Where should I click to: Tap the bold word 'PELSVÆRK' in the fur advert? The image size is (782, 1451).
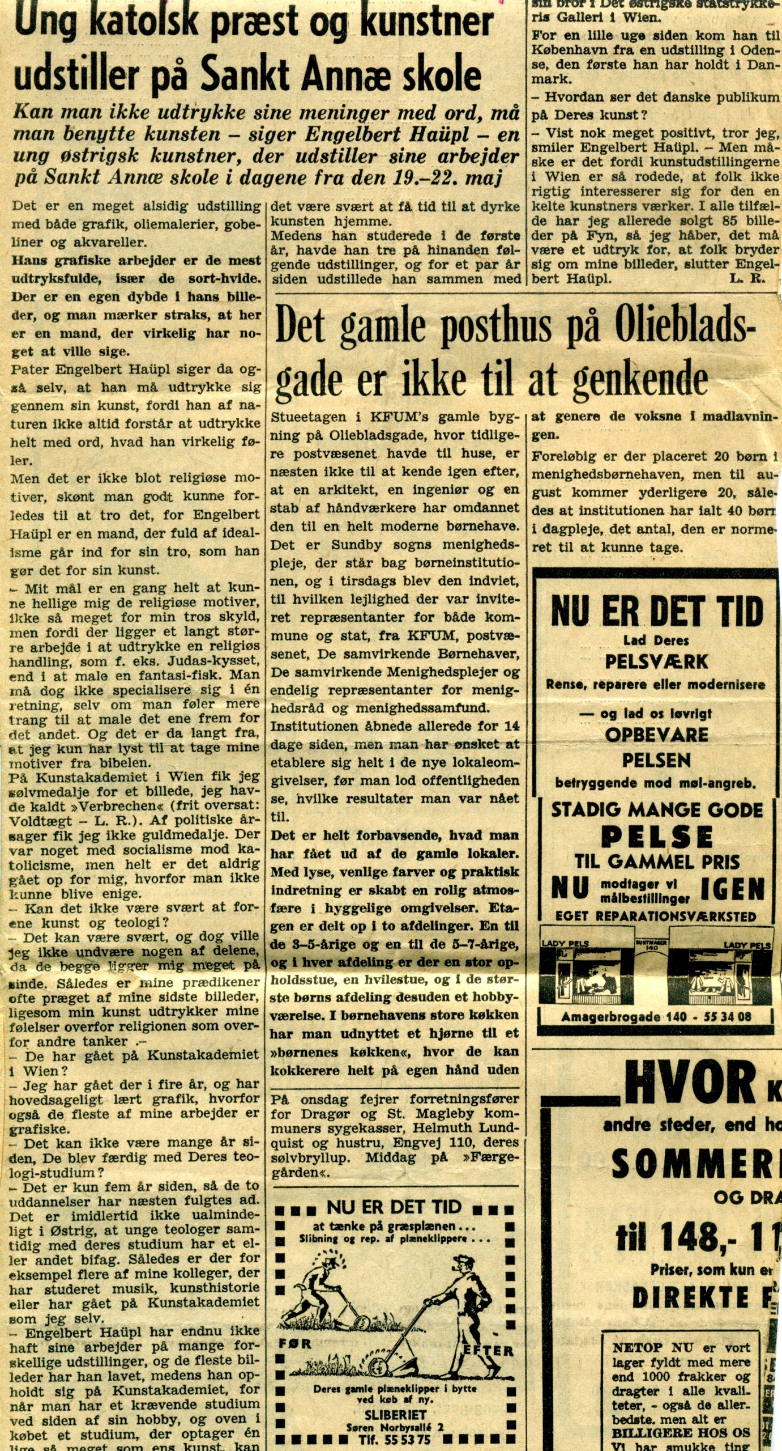coord(656,661)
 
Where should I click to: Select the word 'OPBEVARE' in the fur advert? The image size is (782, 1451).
coord(656,735)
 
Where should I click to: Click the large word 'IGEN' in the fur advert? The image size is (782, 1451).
coord(733,889)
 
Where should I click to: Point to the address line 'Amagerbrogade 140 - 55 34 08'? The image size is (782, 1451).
coord(656,1017)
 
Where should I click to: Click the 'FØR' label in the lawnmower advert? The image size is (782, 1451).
coord(295,1343)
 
